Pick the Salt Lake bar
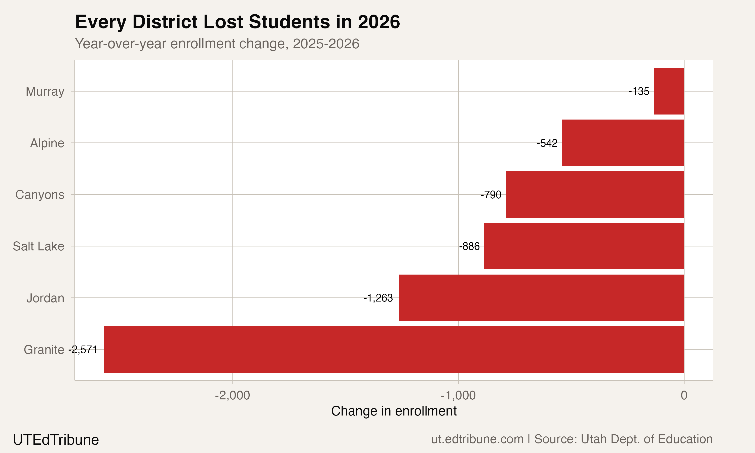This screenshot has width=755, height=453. coord(584,246)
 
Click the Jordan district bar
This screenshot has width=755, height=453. coord(541,298)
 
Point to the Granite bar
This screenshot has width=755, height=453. coord(394,349)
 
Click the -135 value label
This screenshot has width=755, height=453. coord(639,91)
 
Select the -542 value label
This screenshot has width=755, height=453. coord(547,143)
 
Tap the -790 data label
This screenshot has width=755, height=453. coord(491,195)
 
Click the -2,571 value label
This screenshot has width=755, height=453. coord(83,350)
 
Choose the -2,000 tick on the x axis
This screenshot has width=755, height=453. coord(233,396)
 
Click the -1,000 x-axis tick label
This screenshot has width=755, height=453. coord(458,396)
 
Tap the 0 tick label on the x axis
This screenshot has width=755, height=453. coord(684,396)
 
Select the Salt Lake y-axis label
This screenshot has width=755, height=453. coord(39,246)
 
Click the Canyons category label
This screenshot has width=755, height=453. coord(40,195)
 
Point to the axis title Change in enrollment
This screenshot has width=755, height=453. coord(394,411)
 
